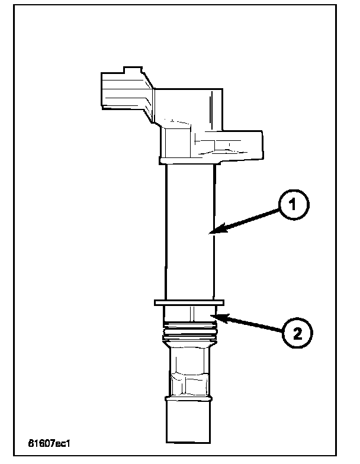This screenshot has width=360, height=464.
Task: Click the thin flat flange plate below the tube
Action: pyautogui.click(x=189, y=302)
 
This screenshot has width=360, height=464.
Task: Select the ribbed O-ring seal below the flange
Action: pyautogui.click(x=189, y=331)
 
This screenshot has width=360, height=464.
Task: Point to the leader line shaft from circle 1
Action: pyautogui.click(x=249, y=220)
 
